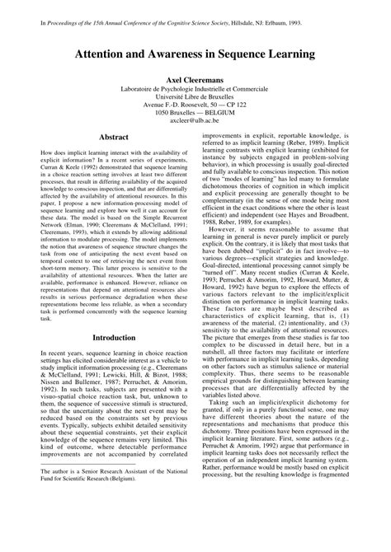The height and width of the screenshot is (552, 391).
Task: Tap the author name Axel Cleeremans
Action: click(x=195, y=76)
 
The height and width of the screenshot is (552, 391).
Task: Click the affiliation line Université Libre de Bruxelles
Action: click(x=195, y=96)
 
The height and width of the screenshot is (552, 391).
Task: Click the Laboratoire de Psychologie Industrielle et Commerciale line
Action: click(x=195, y=87)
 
